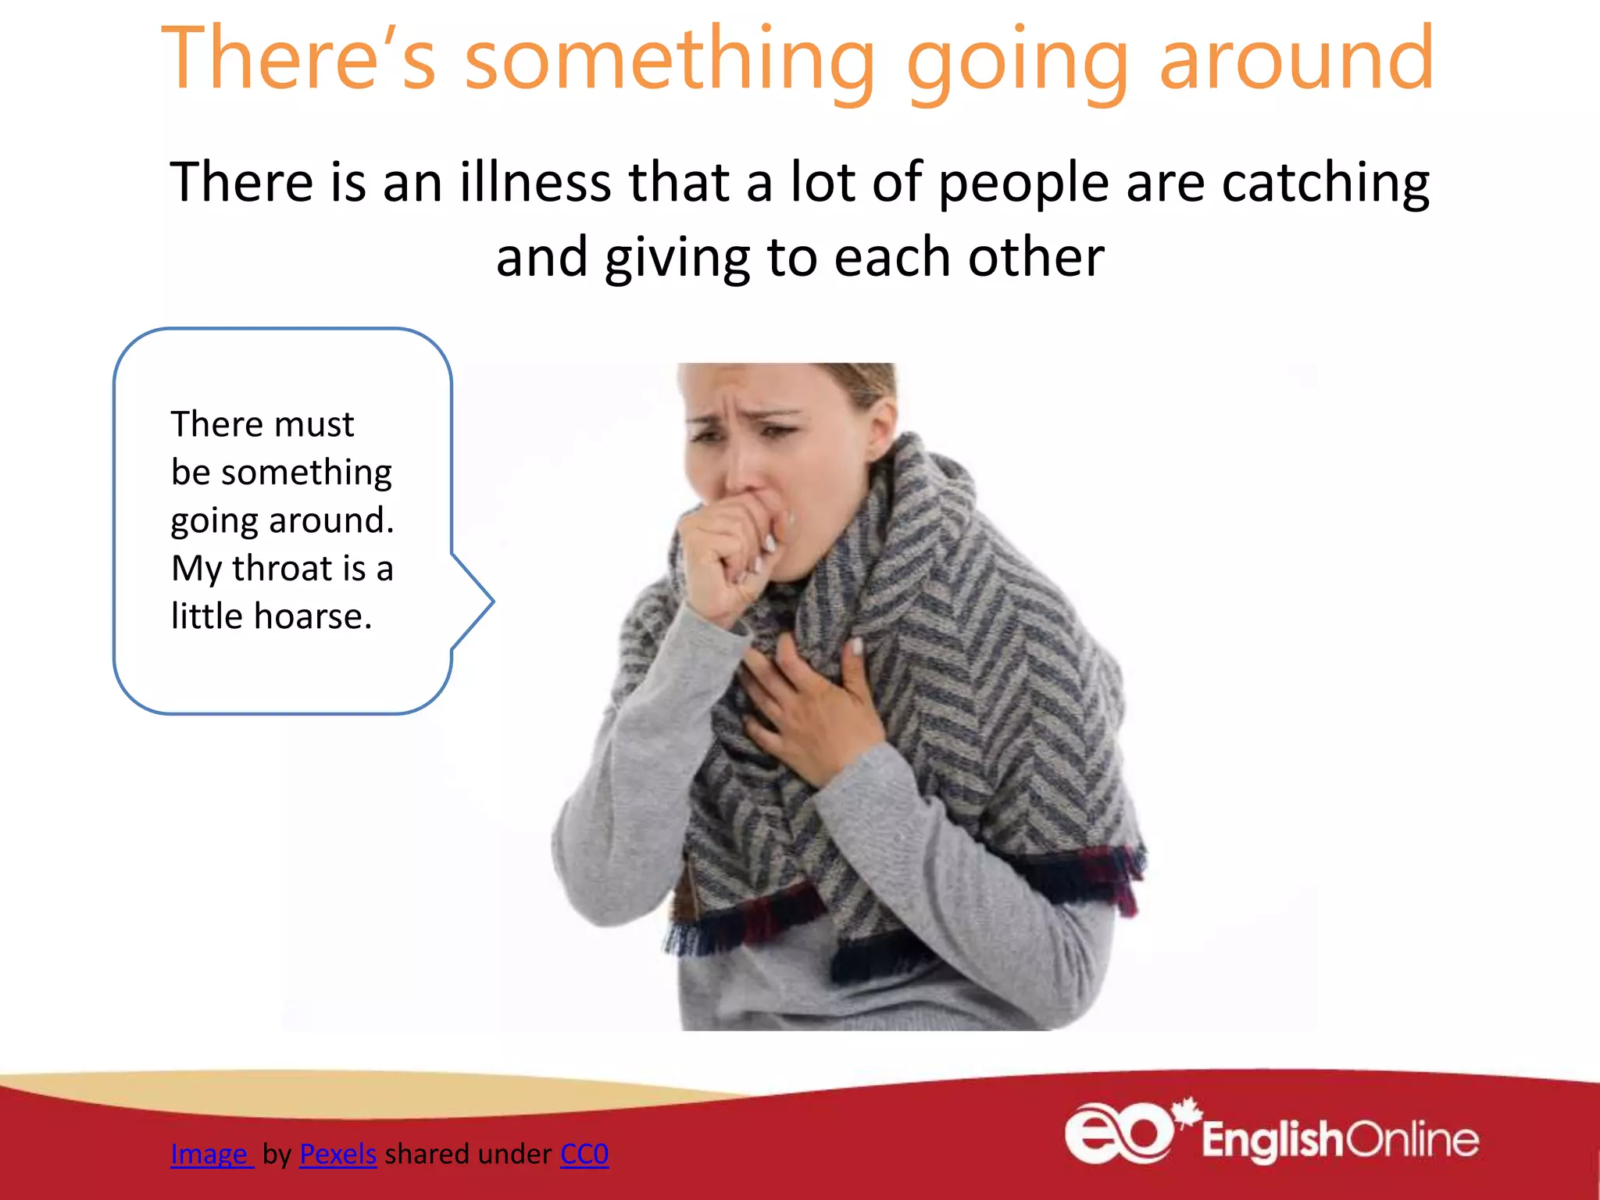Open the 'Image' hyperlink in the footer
[x=209, y=1154]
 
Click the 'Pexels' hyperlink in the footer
[x=337, y=1154]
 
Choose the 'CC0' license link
[x=584, y=1154]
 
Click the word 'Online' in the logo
[x=1412, y=1140]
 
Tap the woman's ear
[x=882, y=426]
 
